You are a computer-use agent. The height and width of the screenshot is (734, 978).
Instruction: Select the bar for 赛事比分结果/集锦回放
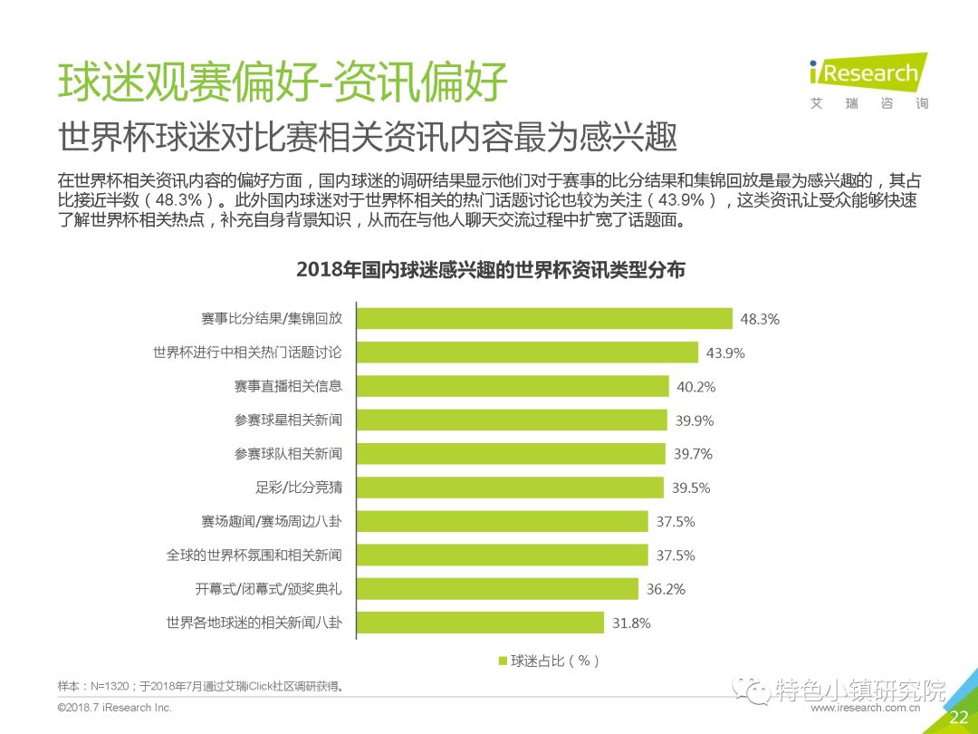coord(543,319)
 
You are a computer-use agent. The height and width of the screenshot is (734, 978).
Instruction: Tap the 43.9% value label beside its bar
coord(725,353)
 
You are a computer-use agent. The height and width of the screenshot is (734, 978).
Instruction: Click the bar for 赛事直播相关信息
coord(512,386)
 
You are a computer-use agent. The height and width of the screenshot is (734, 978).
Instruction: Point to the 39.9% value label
coord(695,420)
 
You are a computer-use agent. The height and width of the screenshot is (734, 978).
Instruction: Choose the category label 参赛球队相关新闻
coord(288,453)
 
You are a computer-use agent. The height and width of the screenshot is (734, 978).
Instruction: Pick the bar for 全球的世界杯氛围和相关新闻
coord(502,555)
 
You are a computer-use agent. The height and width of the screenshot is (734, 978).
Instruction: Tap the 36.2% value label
coord(666,589)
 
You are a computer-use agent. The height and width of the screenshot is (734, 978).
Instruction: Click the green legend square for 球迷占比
coord(503,661)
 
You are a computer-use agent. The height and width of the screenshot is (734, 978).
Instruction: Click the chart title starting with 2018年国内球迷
coord(490,270)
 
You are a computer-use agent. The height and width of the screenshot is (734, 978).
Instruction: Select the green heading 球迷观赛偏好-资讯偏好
coord(283,82)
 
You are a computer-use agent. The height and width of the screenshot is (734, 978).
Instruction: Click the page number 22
coord(958,718)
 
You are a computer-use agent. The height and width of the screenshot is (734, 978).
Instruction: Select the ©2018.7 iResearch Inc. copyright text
coord(114,707)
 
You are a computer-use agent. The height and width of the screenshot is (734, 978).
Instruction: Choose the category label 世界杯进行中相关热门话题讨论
coord(247,353)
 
